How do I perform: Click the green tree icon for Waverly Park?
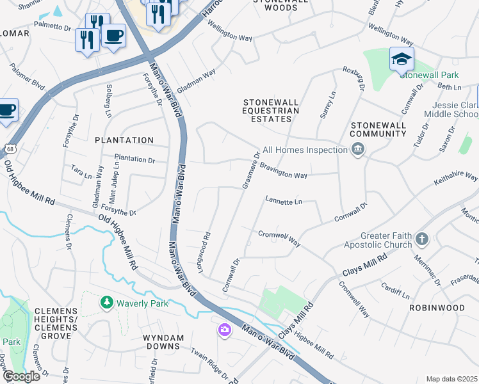(106, 302)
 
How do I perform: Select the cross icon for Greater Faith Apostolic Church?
(421, 239)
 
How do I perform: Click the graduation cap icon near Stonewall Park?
(402, 60)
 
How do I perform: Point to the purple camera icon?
(224, 330)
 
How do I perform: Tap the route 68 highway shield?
(10, 149)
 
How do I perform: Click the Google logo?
(20, 376)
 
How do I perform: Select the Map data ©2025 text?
(451, 379)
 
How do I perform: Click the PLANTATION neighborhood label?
(124, 140)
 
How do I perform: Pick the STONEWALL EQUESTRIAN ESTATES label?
(271, 111)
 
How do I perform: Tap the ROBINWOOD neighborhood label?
(437, 308)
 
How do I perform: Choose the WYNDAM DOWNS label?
(163, 342)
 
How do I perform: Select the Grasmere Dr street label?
(250, 170)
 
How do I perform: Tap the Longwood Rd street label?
(204, 253)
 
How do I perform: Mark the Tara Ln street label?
(82, 173)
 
